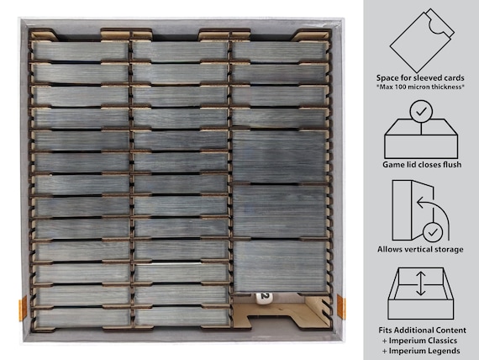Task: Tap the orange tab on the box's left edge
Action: [x=23, y=308]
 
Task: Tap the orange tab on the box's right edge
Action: [x=341, y=306]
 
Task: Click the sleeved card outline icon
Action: [x=422, y=40]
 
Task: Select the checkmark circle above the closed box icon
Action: [x=421, y=112]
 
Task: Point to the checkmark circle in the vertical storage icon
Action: [x=433, y=232]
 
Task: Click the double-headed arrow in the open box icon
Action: [x=421, y=283]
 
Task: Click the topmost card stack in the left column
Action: [x=81, y=51]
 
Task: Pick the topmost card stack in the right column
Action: [x=279, y=51]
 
